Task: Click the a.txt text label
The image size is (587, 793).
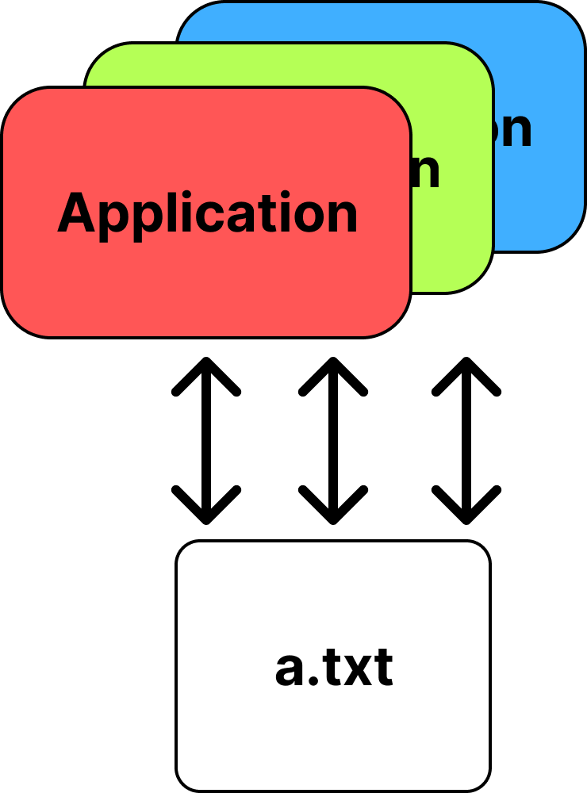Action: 334,668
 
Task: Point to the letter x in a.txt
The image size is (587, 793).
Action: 358,671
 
